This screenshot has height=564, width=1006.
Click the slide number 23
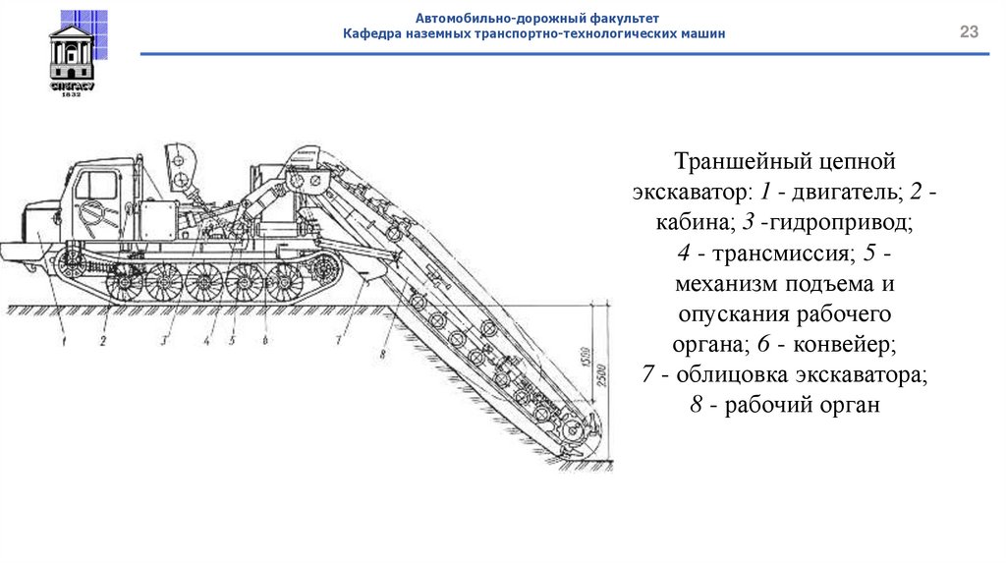click(969, 33)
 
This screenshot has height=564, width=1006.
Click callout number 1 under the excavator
click(63, 341)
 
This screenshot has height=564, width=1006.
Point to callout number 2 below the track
click(101, 341)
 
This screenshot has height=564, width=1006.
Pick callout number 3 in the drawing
click(166, 341)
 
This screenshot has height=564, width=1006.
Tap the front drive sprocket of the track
click(71, 264)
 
